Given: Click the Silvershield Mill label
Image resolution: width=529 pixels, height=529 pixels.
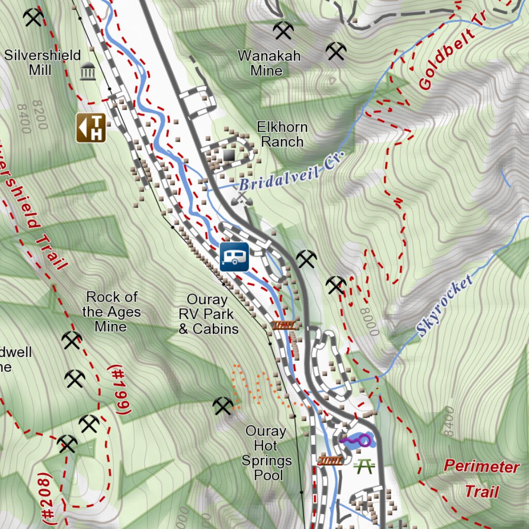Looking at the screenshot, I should (x=42, y=63).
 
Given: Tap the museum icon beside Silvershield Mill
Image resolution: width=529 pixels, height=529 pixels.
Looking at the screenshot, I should (x=88, y=72).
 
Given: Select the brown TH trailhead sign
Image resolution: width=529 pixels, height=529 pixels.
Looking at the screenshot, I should (x=91, y=128).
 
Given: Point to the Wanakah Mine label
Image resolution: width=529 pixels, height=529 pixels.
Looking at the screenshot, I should (x=269, y=63).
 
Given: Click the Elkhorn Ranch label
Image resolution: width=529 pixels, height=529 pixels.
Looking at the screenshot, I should (x=282, y=134).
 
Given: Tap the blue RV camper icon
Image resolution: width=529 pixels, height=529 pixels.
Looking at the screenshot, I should (x=235, y=257).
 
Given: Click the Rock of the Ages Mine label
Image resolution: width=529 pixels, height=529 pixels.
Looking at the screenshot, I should (x=111, y=312).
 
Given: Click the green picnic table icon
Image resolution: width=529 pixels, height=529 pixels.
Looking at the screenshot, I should (x=364, y=466).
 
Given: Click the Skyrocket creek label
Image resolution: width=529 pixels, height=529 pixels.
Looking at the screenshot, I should (x=445, y=306).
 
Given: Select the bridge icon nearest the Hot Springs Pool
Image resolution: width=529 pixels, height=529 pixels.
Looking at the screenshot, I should (x=330, y=460).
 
